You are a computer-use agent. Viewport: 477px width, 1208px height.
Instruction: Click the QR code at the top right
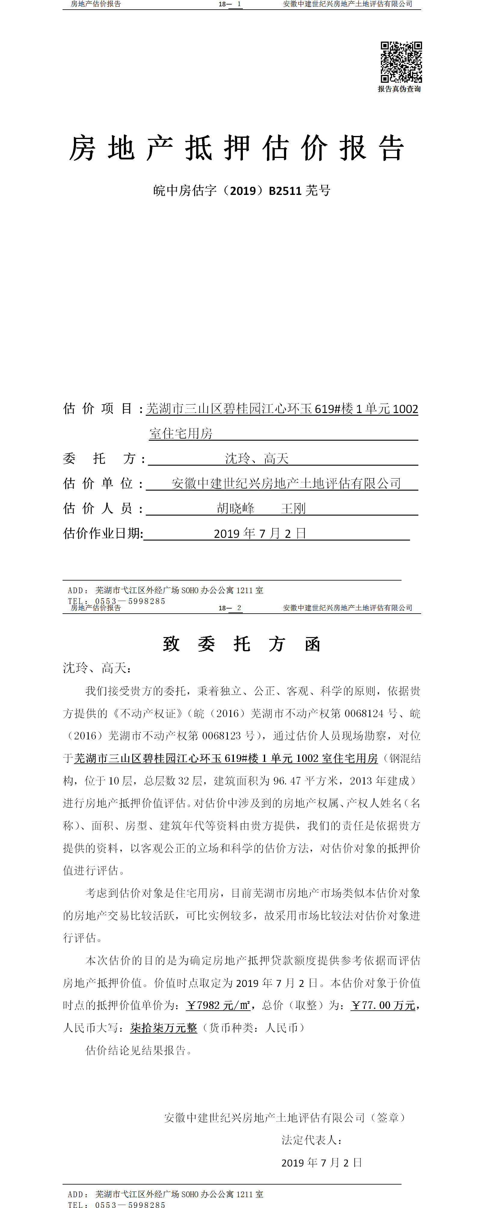coord(401,62)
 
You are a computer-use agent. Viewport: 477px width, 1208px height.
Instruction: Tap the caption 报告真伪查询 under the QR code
coord(399,89)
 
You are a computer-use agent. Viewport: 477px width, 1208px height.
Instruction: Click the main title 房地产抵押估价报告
coord(237,148)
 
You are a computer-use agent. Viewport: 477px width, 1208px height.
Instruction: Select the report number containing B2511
coord(242,190)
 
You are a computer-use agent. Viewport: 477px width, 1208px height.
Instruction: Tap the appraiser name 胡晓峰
coord(236,508)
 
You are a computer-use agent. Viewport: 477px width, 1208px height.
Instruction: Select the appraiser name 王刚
coord(293,508)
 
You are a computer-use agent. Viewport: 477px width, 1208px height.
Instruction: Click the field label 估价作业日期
coord(103,533)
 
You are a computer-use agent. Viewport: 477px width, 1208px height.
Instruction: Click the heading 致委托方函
coord(241,644)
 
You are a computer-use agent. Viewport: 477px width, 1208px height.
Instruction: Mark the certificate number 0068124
coord(364,713)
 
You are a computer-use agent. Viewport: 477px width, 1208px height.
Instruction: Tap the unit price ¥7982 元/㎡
coord(218,1006)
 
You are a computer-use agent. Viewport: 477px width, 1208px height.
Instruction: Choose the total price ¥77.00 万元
coord(383,1006)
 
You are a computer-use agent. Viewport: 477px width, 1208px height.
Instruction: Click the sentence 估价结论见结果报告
coord(139,1050)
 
